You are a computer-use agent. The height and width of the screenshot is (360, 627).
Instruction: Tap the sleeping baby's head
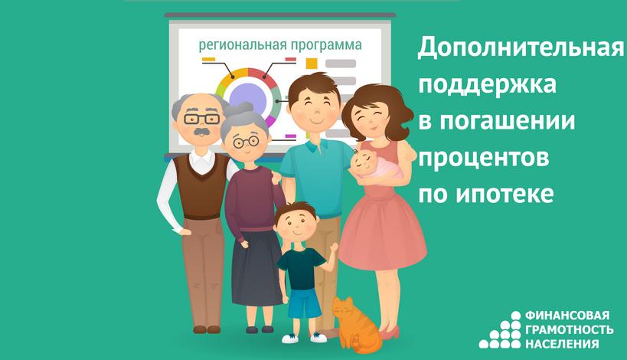click(363, 161)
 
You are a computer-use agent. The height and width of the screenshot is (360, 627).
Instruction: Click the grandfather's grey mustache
click(201, 132)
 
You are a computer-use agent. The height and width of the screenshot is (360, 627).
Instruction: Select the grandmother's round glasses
click(246, 141)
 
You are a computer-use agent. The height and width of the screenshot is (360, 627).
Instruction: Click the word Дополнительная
click(521, 48)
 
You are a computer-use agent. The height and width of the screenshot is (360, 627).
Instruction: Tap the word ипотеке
click(505, 194)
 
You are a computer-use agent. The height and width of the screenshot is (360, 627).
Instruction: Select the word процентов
click(483, 159)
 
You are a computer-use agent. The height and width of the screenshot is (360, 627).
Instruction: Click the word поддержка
click(487, 85)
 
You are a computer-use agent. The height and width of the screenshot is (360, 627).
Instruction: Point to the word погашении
click(507, 121)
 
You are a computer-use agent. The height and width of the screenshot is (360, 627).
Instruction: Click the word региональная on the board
click(243, 44)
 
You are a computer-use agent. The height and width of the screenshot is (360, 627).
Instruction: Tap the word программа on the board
click(326, 45)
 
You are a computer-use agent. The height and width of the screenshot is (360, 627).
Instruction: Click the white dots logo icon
click(500, 330)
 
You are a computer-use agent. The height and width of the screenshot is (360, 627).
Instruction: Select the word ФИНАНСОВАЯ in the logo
click(567, 316)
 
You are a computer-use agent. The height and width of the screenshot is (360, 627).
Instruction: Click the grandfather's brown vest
click(202, 187)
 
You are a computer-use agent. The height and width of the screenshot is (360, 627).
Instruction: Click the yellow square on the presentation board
click(312, 64)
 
